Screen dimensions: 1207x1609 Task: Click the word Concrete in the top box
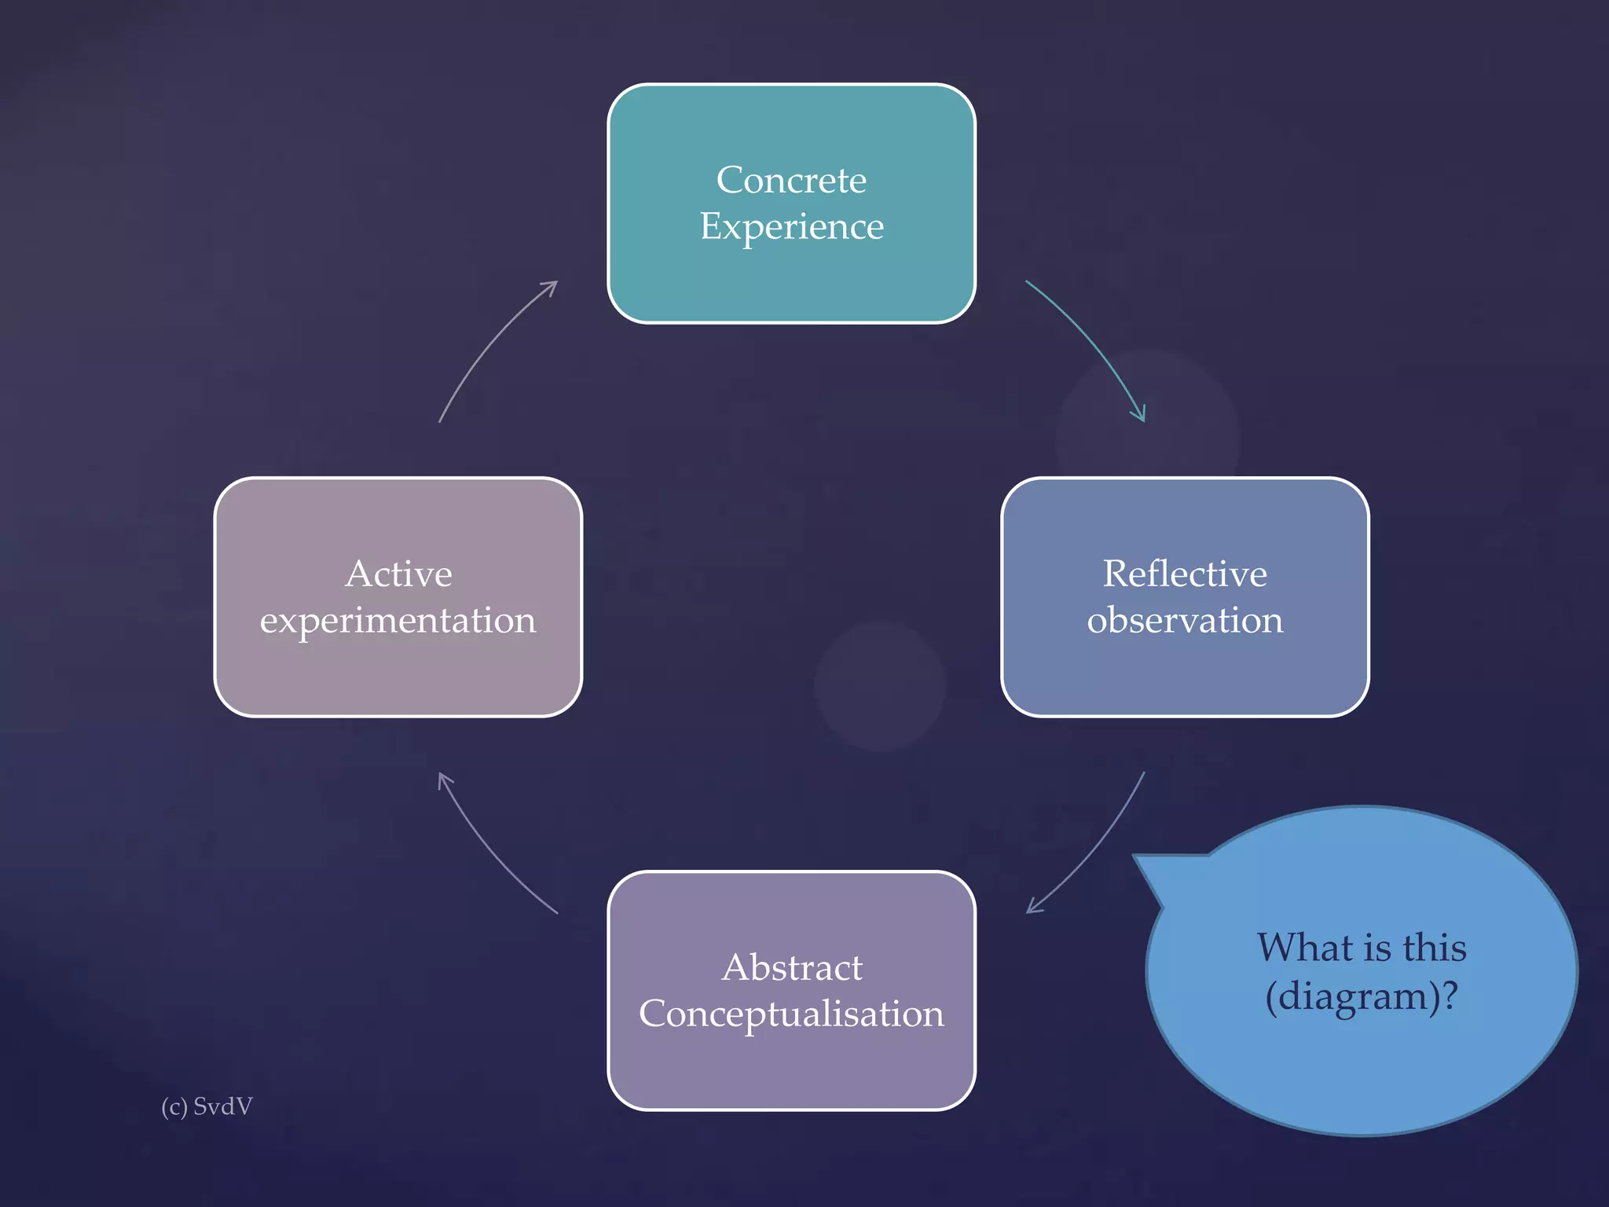[791, 181]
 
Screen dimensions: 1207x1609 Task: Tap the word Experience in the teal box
[791, 228]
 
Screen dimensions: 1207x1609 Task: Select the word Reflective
[1184, 574]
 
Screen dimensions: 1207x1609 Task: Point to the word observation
[1184, 621]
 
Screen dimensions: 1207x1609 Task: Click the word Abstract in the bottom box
[791, 967]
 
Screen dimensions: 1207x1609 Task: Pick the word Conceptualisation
[791, 1014]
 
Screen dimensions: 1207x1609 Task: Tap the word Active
[398, 574]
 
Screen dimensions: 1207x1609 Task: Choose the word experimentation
[398, 621]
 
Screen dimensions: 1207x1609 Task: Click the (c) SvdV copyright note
[207, 1106]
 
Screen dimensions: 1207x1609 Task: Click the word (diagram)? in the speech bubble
[1362, 996]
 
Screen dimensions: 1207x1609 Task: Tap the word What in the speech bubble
[1295, 947]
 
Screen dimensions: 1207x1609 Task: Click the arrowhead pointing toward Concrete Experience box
[552, 286]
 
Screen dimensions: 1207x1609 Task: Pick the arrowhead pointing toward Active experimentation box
[443, 778]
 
